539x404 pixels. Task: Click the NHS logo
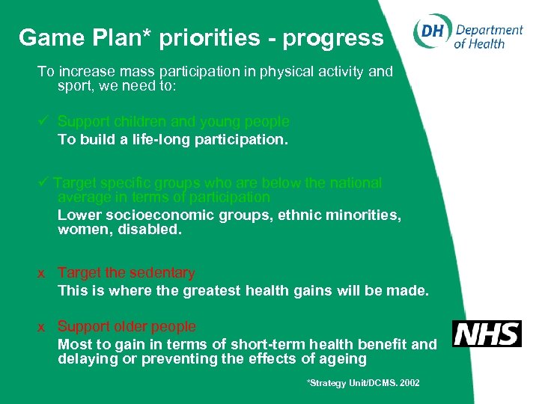pos(487,334)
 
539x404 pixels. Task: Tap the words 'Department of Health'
pos(488,36)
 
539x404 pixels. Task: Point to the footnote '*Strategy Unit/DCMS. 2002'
pos(363,383)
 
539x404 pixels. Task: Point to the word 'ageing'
pos(341,359)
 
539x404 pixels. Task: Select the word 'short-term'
pos(252,344)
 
